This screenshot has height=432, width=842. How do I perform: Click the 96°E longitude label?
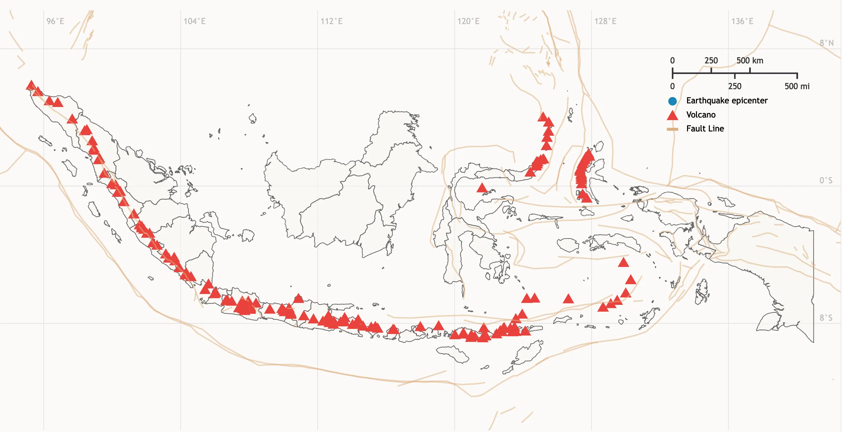point(55,21)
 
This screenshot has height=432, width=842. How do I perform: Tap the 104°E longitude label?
point(194,21)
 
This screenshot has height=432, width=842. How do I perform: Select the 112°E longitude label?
point(331,21)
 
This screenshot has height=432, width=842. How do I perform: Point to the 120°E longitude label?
point(468,21)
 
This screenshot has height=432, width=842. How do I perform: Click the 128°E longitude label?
point(605,21)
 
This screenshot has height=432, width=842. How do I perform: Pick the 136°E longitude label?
point(742,21)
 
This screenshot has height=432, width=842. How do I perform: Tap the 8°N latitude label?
point(826,43)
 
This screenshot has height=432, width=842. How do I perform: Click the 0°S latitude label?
point(826,180)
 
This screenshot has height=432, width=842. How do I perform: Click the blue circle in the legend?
point(672,101)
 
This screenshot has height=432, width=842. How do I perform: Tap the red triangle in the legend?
point(672,115)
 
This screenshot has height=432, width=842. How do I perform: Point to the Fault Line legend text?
point(705,129)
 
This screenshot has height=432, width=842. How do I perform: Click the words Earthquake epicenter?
point(727,101)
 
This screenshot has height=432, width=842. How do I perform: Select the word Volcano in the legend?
point(701,115)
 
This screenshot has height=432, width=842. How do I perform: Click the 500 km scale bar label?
point(750,61)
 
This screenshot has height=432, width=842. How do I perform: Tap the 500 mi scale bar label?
point(797,87)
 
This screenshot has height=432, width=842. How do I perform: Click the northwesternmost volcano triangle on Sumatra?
point(31,85)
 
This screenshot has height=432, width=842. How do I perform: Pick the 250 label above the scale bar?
point(711,61)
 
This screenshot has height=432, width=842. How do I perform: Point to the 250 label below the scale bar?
point(735,87)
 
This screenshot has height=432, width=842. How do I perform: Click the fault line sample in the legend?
point(672,129)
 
